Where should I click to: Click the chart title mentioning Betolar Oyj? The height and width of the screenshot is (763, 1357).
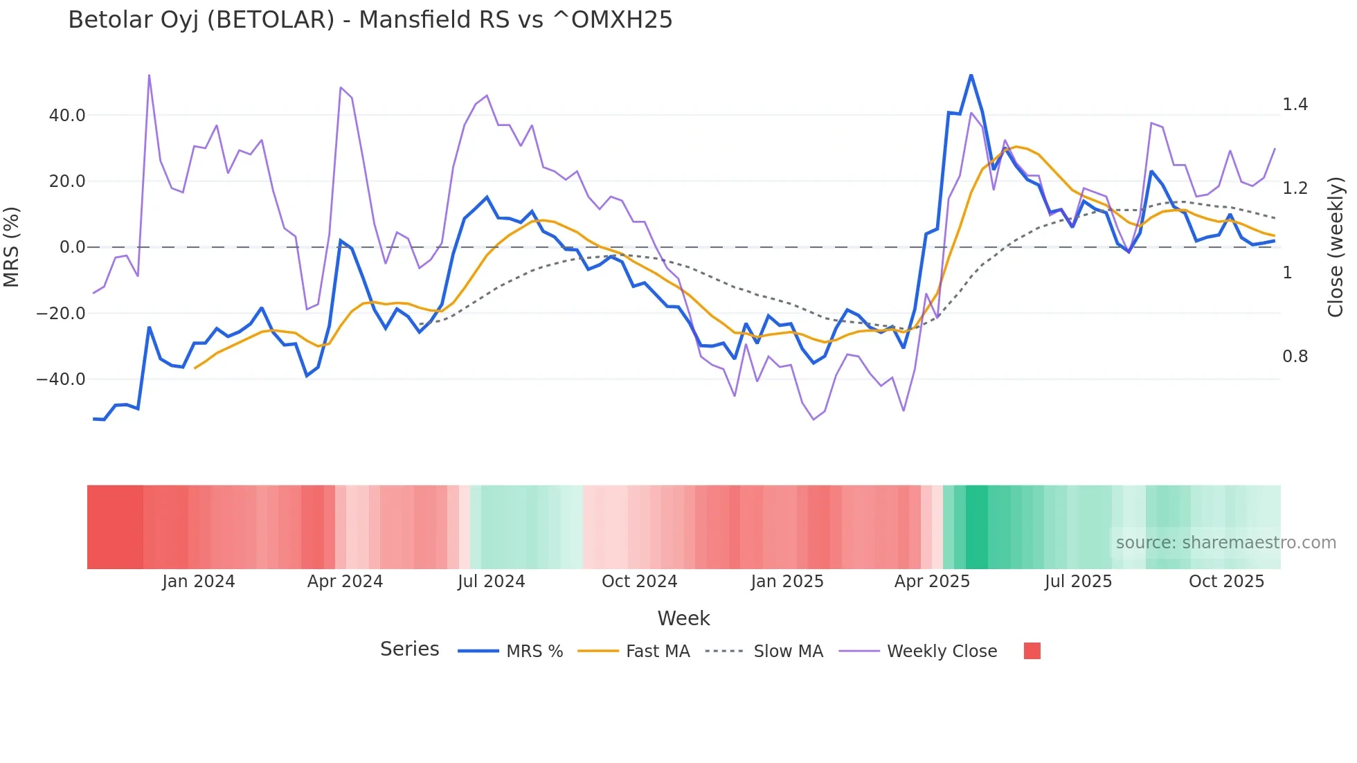tap(370, 20)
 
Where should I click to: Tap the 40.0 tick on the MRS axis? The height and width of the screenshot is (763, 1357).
tap(67, 116)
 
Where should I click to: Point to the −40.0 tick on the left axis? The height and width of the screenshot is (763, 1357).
tap(61, 379)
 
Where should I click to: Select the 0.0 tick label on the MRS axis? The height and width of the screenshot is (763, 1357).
tap(72, 247)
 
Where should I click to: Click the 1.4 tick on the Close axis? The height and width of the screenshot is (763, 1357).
tap(1295, 105)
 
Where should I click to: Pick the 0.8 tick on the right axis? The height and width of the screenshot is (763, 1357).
tap(1295, 357)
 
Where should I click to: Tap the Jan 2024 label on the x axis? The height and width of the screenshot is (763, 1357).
tap(199, 582)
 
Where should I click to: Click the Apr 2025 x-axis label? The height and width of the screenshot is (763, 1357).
tap(932, 582)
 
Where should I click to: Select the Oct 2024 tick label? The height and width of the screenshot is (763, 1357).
tap(639, 582)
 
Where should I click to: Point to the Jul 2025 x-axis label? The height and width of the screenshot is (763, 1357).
tap(1078, 582)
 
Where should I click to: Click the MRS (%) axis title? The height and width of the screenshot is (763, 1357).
tap(12, 247)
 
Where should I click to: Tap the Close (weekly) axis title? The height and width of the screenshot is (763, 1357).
tap(1336, 247)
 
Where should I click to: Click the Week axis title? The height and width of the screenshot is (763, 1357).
tap(683, 618)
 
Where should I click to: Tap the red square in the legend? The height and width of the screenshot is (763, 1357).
tap(1032, 651)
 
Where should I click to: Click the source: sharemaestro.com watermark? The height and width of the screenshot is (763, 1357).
tap(1225, 543)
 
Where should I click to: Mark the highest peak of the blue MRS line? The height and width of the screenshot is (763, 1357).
tap(971, 75)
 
